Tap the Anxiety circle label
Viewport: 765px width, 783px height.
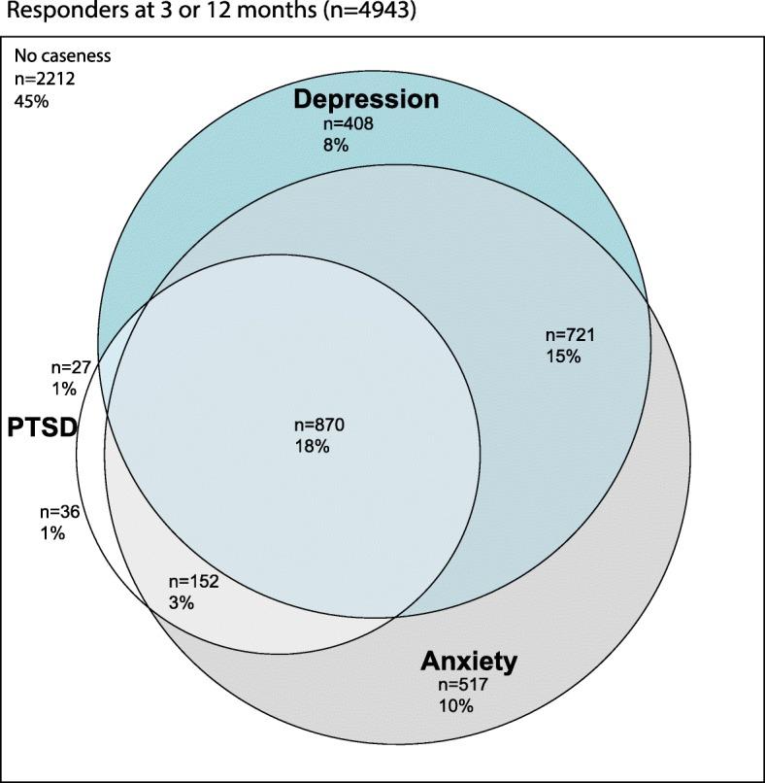(x=469, y=663)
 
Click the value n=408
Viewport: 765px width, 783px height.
(x=348, y=124)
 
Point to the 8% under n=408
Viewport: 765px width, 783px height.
(x=336, y=145)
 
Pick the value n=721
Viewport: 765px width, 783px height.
(x=566, y=335)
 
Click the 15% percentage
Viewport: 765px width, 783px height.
(x=561, y=357)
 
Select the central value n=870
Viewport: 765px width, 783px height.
(x=319, y=426)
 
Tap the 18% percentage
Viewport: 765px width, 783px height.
(x=312, y=447)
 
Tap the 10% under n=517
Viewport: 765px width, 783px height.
(x=456, y=707)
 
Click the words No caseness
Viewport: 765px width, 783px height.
(x=62, y=55)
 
